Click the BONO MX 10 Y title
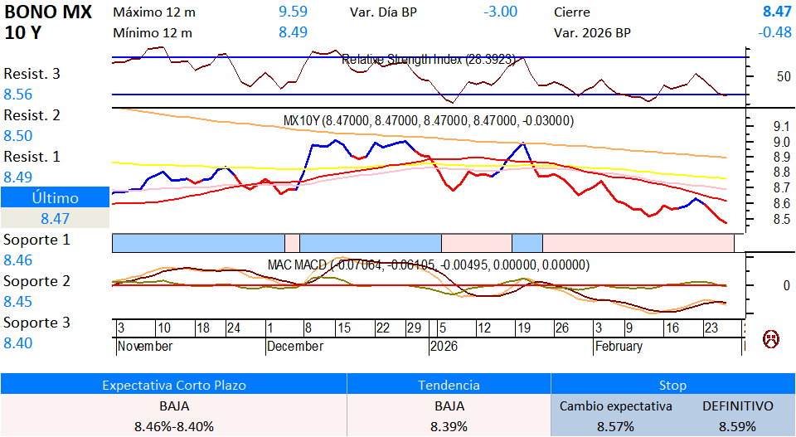[48, 22]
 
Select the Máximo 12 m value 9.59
[293, 12]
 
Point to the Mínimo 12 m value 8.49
[293, 33]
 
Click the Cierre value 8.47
[777, 12]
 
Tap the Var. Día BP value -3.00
[500, 12]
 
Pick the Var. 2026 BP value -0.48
[774, 33]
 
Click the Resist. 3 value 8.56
[18, 95]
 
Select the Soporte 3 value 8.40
[18, 343]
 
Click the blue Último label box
[55, 198]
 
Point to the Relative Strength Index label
[429, 60]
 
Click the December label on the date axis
[295, 347]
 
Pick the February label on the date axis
[618, 347]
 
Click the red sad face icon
[771, 338]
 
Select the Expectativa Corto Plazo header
[173, 386]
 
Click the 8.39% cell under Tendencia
[449, 426]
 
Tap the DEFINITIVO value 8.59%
[738, 426]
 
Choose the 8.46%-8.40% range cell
[173, 426]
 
